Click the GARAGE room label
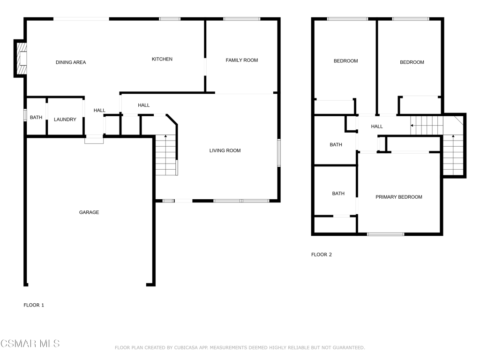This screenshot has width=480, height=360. point(89,212)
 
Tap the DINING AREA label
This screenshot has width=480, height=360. point(71,62)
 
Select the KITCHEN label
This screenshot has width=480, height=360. point(162,59)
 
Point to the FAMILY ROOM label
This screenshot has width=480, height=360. point(242,60)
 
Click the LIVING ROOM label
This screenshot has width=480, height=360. point(225,150)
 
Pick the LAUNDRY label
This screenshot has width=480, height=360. point(65,120)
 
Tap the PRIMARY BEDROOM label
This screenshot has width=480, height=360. point(399,197)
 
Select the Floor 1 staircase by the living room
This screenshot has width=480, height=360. point(166,155)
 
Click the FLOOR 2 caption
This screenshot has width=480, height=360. point(322,255)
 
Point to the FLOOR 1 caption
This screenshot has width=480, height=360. point(34,305)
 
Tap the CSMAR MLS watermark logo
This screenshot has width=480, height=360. point(30,344)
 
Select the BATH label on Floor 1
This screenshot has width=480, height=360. point(36,117)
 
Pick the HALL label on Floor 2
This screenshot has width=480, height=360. point(377,127)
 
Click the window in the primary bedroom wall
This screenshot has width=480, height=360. point(386,234)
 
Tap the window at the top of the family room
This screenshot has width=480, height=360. point(242,19)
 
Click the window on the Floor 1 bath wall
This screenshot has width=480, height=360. point(25,115)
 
